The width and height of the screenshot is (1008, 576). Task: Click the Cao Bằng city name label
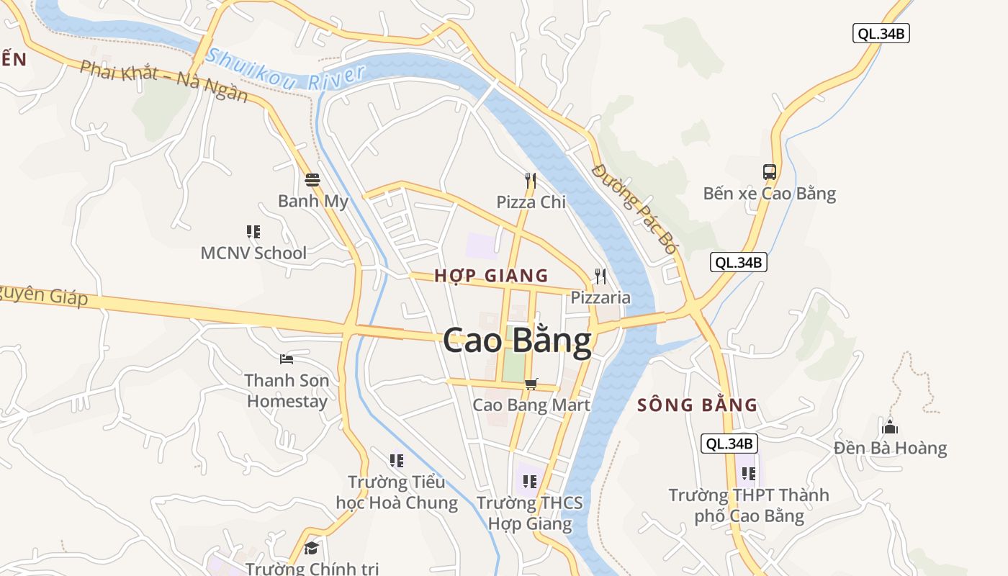517,341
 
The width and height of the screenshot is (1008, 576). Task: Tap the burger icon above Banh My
312,179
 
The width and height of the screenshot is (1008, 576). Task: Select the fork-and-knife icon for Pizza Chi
531,180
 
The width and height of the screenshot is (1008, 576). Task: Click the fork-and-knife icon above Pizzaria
600,276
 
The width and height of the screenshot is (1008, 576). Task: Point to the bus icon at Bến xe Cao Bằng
770,172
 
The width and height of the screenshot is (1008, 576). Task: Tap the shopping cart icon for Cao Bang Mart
531,384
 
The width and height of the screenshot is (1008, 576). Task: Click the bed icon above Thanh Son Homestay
287,359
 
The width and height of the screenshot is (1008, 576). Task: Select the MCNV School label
253,253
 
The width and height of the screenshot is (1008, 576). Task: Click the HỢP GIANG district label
491,276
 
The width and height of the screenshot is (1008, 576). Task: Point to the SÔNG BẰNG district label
698,405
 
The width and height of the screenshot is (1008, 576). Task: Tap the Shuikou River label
286,69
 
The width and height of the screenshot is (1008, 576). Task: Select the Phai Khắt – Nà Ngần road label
164,81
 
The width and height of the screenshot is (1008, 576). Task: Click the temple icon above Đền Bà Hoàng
890,426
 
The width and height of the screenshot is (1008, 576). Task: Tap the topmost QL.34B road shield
881,33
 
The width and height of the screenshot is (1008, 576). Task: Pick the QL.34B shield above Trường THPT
729,444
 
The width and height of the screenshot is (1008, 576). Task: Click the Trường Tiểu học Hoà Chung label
397,492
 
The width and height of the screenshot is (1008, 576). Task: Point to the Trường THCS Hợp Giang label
530,513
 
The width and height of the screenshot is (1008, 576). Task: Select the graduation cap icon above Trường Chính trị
311,549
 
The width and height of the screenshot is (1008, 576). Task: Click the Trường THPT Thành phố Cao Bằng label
749,505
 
